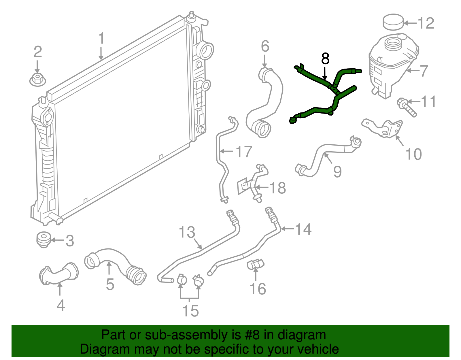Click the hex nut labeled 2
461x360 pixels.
tap(37, 79)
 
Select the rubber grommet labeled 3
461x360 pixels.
tap(44, 240)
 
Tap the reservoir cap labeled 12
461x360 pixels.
tap(393, 22)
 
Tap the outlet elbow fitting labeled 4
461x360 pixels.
tap(59, 274)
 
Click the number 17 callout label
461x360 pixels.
tap(244, 152)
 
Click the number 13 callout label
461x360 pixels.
tap(187, 232)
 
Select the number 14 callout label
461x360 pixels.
tap(303, 229)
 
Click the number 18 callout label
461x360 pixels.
tap(277, 188)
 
